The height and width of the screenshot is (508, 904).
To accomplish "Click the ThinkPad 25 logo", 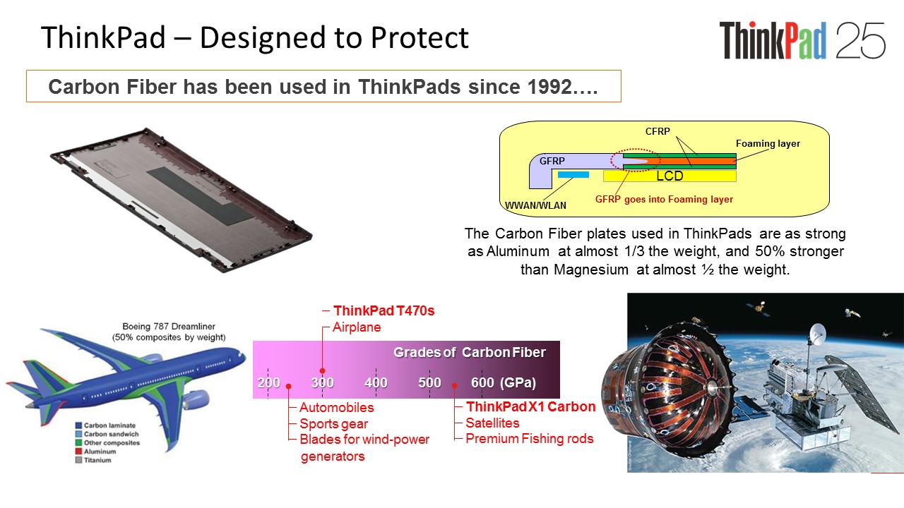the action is tap(802, 40).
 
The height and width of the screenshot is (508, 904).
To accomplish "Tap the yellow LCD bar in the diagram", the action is tap(670, 176).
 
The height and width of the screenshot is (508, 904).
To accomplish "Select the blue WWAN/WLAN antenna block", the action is tap(573, 174).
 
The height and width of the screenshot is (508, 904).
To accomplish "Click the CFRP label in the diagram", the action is tap(658, 131).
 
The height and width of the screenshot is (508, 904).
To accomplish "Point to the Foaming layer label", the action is tap(768, 143).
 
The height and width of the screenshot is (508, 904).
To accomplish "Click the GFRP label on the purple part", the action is tap(552, 161).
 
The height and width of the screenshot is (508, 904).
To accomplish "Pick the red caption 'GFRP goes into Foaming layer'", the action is tap(664, 199).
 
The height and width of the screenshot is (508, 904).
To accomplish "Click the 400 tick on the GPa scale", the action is tap(376, 382).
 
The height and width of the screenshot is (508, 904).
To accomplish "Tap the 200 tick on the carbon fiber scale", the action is tap(268, 382).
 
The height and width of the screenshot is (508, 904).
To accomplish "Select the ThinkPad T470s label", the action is tap(383, 310).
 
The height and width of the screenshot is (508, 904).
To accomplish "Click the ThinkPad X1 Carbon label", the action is tap(530, 406).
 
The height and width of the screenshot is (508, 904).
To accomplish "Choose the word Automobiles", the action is tap(337, 407).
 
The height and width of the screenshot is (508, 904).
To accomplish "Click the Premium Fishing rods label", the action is tap(530, 438).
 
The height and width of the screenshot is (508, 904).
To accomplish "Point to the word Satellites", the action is tap(492, 423).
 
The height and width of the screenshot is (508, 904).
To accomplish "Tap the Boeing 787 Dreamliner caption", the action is tap(169, 326).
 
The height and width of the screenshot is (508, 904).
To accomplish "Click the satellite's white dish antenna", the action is tap(818, 334).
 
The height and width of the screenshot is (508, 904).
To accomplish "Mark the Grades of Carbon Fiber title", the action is tap(470, 352).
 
